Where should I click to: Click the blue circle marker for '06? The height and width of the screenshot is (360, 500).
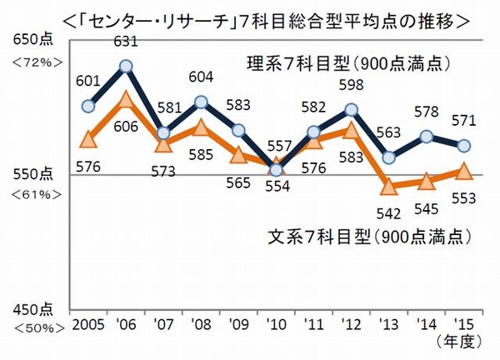[x=127, y=66]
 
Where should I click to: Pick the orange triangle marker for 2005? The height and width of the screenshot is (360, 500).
[x=89, y=139]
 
